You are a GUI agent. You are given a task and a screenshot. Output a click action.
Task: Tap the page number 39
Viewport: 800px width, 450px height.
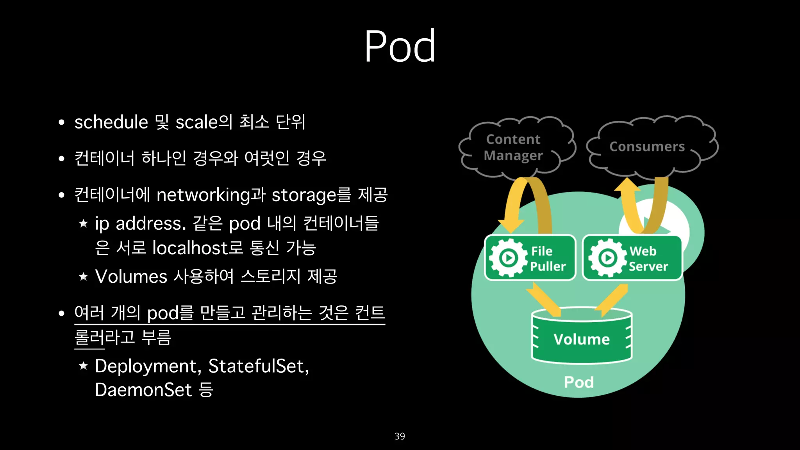400,436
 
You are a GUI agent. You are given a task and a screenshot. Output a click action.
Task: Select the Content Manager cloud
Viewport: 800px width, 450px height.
514,147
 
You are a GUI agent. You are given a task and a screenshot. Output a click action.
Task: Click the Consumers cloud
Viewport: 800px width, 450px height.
647,146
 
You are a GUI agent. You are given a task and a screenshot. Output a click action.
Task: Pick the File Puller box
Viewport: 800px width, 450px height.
530,258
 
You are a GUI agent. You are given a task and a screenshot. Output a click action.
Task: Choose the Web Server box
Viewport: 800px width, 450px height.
632,258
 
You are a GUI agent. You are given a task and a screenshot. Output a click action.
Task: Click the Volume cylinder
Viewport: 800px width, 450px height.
582,337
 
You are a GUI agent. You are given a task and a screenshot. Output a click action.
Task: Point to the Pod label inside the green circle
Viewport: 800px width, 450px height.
579,382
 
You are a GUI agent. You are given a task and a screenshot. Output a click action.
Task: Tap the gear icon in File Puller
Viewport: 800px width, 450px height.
508,258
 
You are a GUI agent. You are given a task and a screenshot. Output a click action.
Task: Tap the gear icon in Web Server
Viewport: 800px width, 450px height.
607,258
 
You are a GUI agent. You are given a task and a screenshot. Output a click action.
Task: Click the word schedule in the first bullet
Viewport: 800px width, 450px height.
111,122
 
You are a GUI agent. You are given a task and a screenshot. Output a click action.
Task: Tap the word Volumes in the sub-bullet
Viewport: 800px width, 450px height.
131,277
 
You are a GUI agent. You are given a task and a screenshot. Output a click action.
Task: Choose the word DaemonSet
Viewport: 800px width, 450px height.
143,390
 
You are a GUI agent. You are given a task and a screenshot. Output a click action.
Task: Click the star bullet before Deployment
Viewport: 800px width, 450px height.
83,366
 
